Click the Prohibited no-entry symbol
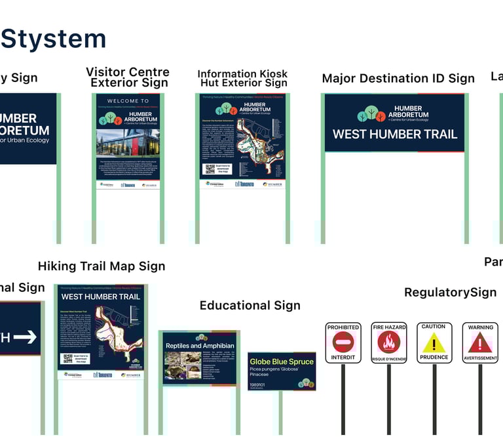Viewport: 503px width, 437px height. [x=343, y=342]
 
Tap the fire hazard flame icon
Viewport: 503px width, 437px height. [x=389, y=342]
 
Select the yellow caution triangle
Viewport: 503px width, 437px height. [x=434, y=343]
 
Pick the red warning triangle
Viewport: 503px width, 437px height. [x=480, y=343]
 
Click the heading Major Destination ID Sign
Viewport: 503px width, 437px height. [x=398, y=79]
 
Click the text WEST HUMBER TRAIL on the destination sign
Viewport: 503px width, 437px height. [x=394, y=135]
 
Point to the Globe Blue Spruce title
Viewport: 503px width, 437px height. [x=282, y=362]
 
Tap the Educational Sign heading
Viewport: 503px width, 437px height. [x=250, y=306]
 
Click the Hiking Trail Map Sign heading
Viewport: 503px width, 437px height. [x=102, y=266]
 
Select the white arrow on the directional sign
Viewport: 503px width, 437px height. [x=25, y=337]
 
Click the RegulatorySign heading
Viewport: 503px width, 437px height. [x=450, y=293]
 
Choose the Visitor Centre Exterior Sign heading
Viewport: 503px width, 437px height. [x=128, y=77]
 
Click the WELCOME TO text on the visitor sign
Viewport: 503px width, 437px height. [x=128, y=101]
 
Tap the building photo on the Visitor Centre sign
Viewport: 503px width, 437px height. [x=128, y=142]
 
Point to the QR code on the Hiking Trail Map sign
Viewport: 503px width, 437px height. [x=67, y=358]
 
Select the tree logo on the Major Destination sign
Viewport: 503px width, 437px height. [x=371, y=115]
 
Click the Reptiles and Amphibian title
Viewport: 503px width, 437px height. [x=200, y=346]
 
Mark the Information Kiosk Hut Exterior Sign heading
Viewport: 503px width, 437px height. [x=242, y=79]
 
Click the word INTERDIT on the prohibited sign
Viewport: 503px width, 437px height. [x=343, y=358]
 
